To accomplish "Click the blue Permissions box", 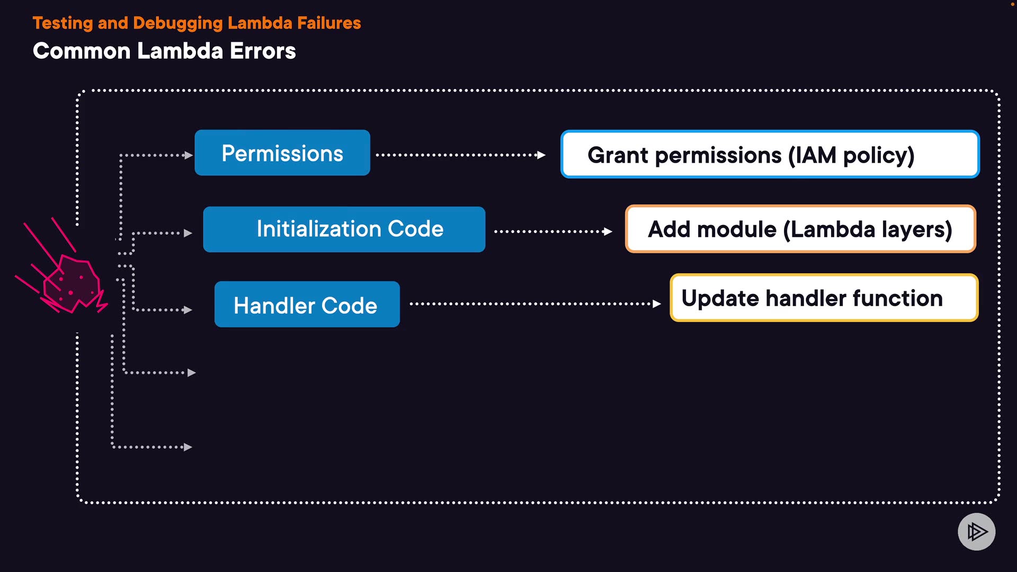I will (282, 153).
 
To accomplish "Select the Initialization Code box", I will (344, 229).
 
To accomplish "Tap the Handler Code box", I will (307, 305).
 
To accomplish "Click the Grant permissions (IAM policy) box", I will (770, 155).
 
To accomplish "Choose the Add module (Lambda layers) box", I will (800, 229).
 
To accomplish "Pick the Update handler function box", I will (824, 298).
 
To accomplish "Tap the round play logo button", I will (976, 531).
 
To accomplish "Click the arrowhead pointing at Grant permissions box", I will (541, 155).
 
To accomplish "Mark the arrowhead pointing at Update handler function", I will (657, 304).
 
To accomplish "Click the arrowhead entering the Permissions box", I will (188, 155).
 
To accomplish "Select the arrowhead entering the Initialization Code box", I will (188, 233).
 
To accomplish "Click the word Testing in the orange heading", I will (63, 23).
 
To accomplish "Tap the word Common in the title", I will (82, 51).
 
